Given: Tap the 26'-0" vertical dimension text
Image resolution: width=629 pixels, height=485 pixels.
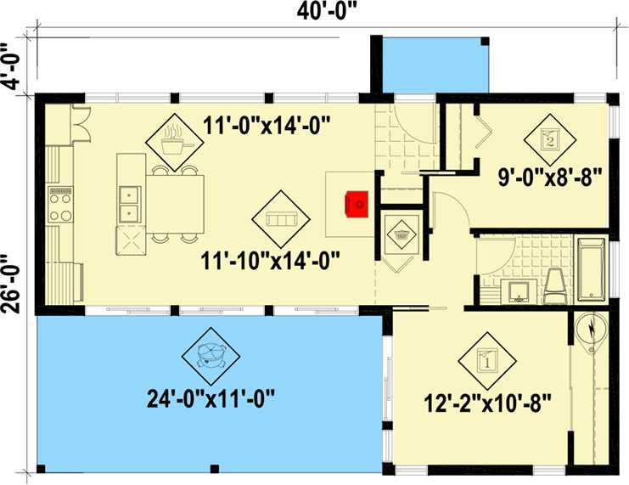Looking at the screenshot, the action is point(11,284).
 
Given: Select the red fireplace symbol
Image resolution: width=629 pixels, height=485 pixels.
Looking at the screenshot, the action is point(357,205).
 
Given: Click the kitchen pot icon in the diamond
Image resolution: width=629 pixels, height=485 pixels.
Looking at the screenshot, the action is point(175,141).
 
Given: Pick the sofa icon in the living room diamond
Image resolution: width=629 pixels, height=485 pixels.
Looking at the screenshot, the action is point(281,219).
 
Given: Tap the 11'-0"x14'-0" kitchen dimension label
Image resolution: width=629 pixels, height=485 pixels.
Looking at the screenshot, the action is point(267,125).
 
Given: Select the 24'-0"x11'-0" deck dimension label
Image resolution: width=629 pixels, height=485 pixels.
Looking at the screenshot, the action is point(211,399).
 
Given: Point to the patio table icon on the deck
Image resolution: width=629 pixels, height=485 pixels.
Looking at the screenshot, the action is point(211,356).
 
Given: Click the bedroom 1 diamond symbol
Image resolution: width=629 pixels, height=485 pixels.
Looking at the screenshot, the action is point(487,361).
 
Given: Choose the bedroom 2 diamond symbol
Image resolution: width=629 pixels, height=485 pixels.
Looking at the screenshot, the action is point(550,139).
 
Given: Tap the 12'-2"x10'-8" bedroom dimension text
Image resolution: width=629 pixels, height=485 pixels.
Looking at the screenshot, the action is point(487,403).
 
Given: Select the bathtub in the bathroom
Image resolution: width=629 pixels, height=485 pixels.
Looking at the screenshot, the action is point(592,269).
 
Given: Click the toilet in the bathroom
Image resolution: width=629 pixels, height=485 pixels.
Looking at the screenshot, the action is point(556,285).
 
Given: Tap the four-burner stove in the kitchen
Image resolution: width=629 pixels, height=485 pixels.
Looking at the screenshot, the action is point(60,205).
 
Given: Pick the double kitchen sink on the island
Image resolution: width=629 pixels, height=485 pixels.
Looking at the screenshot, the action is point(130,204).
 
